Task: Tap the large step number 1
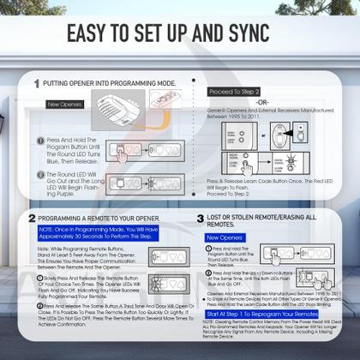click(35, 85)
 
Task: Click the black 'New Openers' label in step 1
click(65, 104)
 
